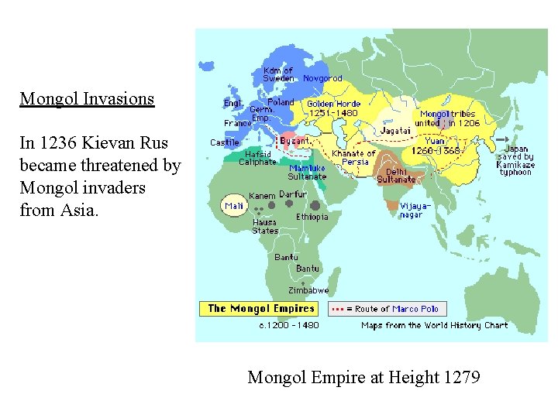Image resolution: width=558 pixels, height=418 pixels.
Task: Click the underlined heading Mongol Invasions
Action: tap(87, 99)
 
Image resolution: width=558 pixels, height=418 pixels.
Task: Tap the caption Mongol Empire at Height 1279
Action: tap(363, 378)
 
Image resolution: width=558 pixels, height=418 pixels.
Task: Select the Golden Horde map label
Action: tap(333, 108)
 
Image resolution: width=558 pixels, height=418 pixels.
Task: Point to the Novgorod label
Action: tap(322, 78)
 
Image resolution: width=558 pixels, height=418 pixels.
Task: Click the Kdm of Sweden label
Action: tap(278, 74)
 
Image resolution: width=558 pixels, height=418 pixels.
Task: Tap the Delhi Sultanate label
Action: tap(396, 176)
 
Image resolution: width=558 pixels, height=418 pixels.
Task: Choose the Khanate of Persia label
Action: tap(353, 157)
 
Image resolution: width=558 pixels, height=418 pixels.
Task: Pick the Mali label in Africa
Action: tap(234, 206)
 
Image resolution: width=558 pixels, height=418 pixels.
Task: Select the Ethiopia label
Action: tap(312, 217)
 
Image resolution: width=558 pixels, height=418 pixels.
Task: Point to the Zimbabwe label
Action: tap(308, 290)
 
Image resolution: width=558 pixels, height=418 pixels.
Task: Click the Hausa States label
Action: tap(265, 226)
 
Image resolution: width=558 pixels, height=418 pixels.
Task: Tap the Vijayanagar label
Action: tap(412, 210)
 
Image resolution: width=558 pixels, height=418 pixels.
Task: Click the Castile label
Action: tap(225, 142)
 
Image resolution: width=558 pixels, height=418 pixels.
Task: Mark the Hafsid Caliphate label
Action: tap(257, 158)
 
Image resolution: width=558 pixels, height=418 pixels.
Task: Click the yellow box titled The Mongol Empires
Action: tap(260, 308)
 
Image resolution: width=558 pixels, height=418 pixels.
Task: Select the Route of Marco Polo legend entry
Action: tap(386, 309)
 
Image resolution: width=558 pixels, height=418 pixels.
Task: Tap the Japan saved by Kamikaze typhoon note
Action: tap(516, 160)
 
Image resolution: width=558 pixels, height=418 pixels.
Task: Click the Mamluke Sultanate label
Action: tap(308, 172)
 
